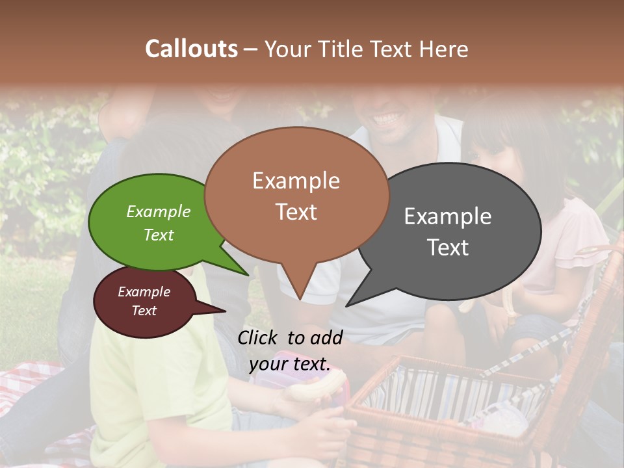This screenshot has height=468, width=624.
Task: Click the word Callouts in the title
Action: [x=191, y=49]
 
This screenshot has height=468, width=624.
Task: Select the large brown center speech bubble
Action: [x=296, y=195]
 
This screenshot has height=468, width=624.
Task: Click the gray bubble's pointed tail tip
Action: [x=347, y=305]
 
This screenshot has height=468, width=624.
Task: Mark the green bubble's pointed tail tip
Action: [x=248, y=275]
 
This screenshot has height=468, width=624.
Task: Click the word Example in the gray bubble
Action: [x=448, y=216]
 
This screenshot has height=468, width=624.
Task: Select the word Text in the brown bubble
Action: [x=296, y=212]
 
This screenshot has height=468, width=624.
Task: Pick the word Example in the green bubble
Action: [x=159, y=212]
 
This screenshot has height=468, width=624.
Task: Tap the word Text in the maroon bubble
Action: [x=144, y=311]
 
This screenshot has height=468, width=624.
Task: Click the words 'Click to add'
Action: [x=290, y=337]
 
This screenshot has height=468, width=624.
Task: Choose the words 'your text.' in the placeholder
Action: [x=289, y=364]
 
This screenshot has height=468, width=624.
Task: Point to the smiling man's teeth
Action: [x=388, y=120]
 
